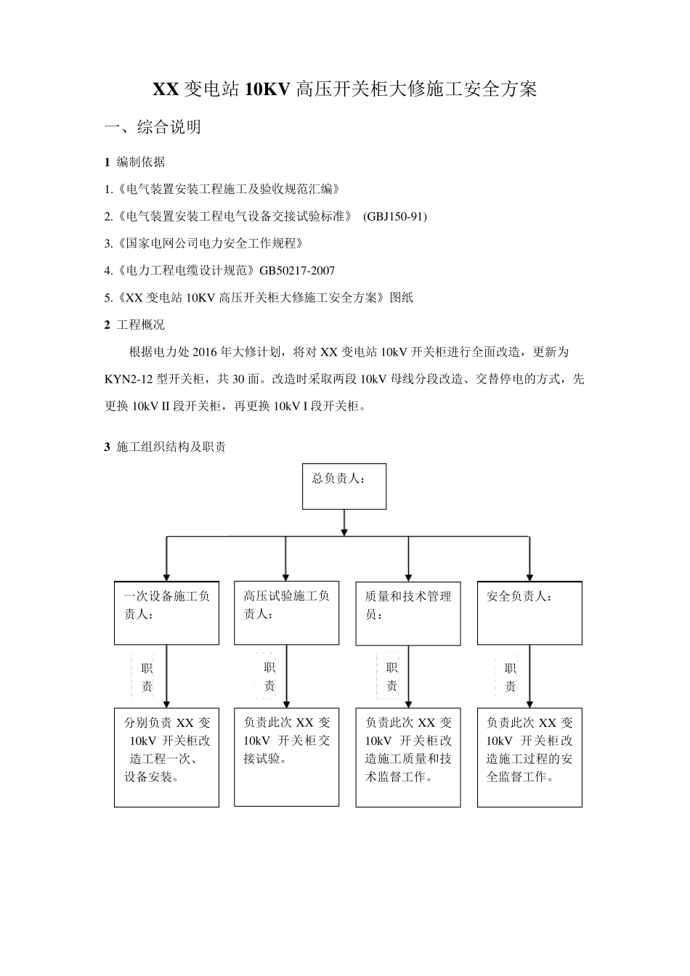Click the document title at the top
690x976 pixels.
tap(344, 90)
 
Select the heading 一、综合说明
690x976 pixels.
tap(153, 128)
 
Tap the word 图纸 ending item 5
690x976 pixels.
tap(402, 298)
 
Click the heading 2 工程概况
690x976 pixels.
tap(134, 325)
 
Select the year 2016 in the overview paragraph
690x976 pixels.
tap(206, 352)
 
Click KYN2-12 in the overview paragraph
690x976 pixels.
tap(128, 379)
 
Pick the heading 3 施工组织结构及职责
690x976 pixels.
tap(165, 447)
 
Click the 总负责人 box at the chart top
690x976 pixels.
tap(344, 487)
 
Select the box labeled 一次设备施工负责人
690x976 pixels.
tap(166, 612)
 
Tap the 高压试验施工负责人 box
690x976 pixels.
tap(286, 612)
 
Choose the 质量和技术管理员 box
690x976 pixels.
tap(407, 612)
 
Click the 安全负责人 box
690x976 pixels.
tap(529, 612)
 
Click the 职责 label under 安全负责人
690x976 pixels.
tap(511, 677)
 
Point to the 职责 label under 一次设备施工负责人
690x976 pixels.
tap(147, 677)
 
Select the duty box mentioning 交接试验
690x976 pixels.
tap(286, 757)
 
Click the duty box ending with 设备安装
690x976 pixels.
tap(166, 757)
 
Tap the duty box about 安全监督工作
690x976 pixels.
tap(529, 757)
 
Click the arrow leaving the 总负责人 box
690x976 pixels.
tap(344, 522)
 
